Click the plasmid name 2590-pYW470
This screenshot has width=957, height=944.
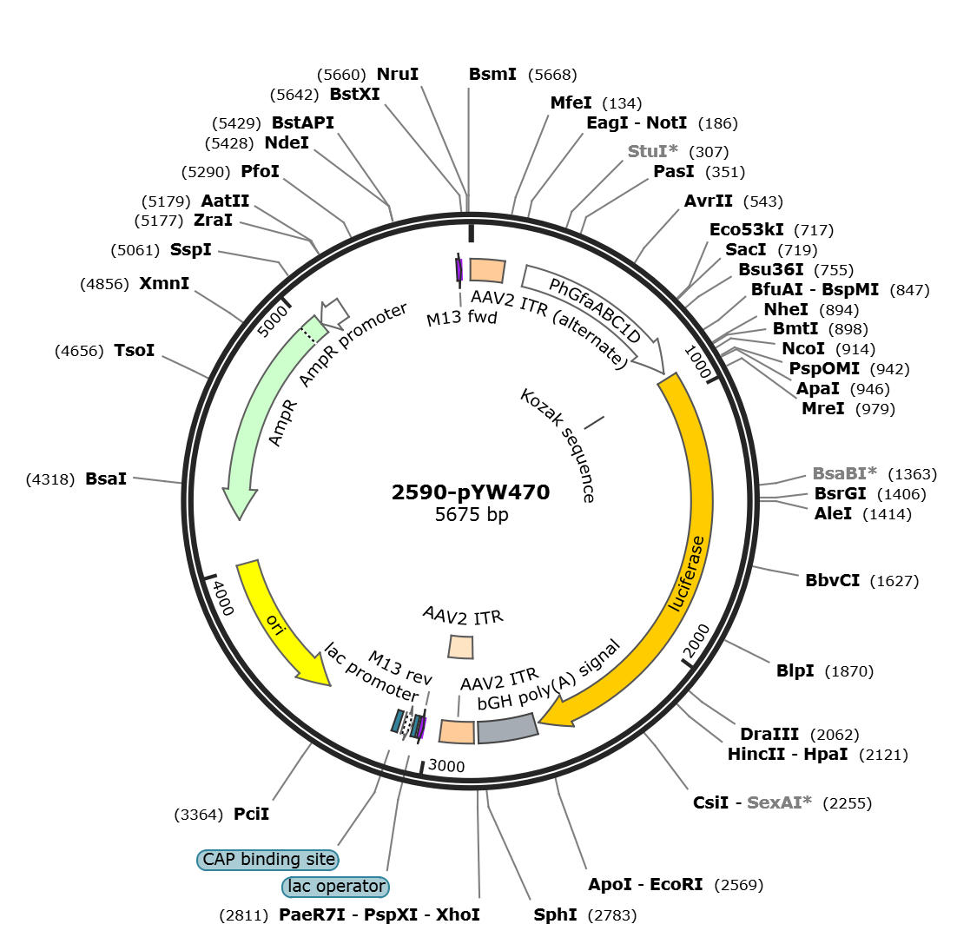(471, 492)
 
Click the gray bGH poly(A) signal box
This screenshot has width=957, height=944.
(508, 729)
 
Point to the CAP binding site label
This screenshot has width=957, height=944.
(268, 860)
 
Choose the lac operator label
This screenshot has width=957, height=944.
(336, 887)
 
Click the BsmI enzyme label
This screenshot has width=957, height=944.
(492, 75)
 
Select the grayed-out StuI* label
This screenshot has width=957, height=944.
(652, 151)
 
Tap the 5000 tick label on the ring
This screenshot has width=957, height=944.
(272, 321)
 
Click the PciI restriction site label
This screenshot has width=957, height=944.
(252, 814)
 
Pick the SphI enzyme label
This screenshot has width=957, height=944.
(555, 915)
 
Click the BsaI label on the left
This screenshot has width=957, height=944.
(106, 479)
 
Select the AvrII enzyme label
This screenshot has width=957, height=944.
(708, 201)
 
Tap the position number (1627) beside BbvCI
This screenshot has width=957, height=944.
(894, 581)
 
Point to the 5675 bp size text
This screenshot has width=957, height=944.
(472, 514)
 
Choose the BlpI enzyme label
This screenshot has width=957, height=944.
(795, 671)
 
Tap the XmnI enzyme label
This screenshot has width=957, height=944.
(164, 284)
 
